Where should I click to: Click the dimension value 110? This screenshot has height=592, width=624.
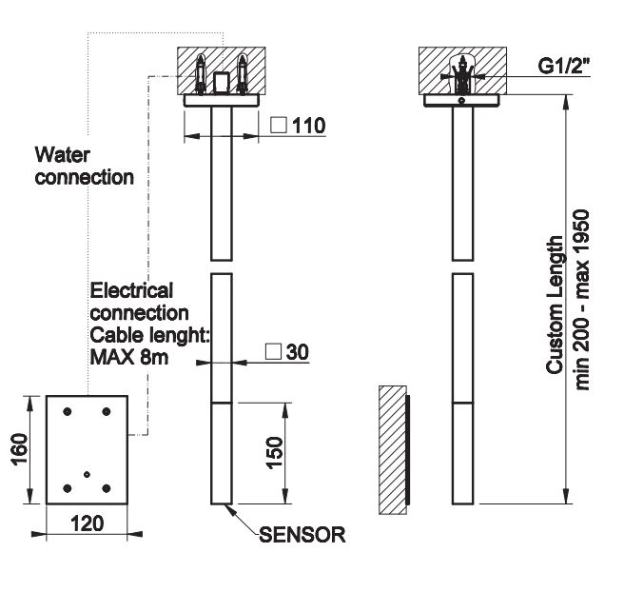(x=310, y=125)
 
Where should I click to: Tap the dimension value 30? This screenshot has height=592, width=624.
(x=298, y=351)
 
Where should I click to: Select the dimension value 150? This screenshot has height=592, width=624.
(x=272, y=453)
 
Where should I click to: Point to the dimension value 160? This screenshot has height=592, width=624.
(x=20, y=449)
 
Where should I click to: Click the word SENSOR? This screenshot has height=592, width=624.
(x=302, y=535)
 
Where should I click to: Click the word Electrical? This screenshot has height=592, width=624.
(x=131, y=291)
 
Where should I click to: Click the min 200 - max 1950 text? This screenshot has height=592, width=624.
(x=583, y=300)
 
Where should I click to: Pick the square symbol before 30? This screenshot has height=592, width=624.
(x=272, y=351)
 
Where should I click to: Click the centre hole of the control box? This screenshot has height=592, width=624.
(x=87, y=474)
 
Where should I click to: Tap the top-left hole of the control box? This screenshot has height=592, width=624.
(x=67, y=411)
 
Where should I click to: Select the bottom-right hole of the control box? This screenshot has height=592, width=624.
(x=107, y=489)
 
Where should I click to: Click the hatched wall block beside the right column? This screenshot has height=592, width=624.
(x=391, y=446)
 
